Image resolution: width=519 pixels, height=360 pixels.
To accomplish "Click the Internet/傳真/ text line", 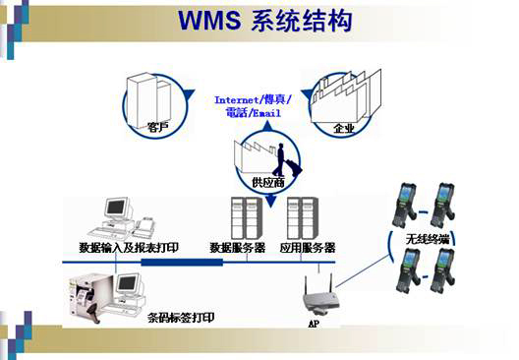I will click(253, 100).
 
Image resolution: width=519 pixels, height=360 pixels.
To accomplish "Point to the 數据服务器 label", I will click(239, 247).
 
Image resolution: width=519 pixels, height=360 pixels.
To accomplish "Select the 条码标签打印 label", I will click(180, 317).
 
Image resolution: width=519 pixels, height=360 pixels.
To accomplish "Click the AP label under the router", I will click(314, 323).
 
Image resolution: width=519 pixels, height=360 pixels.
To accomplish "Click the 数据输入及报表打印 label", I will click(129, 247).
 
